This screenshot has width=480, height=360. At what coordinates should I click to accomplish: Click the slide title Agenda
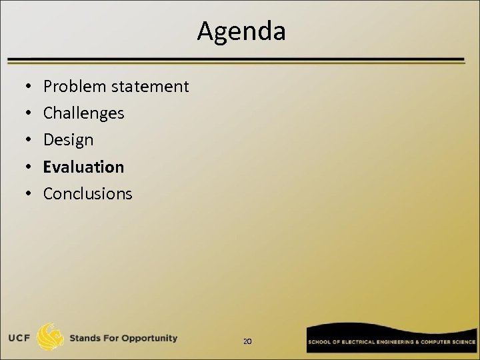tap(241, 31)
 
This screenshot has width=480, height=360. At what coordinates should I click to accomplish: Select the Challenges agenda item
tap(83, 113)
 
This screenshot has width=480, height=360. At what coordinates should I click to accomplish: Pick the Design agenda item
tap(68, 140)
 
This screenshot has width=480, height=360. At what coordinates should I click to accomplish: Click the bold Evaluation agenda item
tap(83, 167)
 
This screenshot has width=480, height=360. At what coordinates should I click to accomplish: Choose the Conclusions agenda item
tap(87, 193)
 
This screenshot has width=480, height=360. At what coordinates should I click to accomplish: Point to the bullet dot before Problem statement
tap(24, 87)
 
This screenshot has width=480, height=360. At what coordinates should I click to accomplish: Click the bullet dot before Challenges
tap(24, 114)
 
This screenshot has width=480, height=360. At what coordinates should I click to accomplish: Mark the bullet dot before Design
tap(24, 141)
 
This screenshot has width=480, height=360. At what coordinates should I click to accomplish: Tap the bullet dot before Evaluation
tap(24, 167)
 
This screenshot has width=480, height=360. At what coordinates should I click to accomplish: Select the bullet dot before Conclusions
tap(24, 194)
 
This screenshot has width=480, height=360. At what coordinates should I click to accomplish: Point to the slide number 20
tap(247, 341)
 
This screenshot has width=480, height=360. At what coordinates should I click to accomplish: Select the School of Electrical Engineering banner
tap(391, 340)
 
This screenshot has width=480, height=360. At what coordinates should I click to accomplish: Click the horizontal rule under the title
tap(236, 60)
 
